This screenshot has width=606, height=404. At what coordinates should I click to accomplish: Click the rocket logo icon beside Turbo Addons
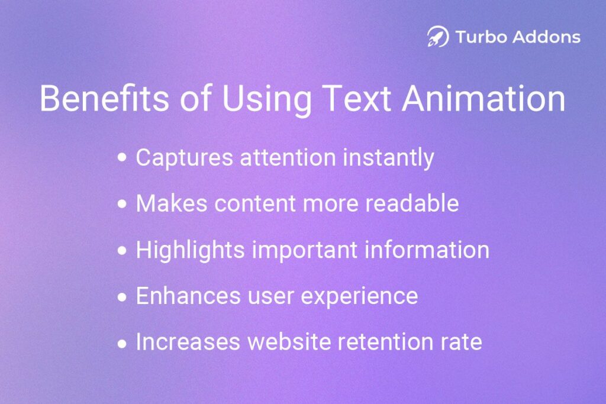tap(438, 37)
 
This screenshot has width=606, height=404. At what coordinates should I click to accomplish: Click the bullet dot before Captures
tap(123, 158)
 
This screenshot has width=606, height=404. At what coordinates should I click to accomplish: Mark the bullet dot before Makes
tap(123, 204)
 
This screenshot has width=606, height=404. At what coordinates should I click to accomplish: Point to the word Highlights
tap(190, 250)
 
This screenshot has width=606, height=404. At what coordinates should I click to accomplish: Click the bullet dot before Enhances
tap(123, 296)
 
